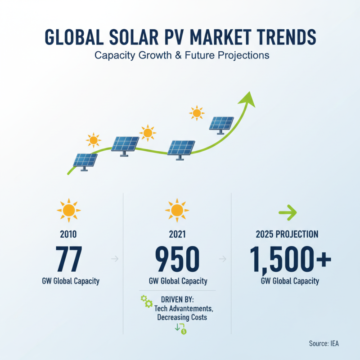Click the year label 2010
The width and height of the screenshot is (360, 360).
click(x=68, y=234)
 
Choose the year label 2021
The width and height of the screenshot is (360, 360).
click(x=177, y=234)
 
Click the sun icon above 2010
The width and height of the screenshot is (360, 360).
click(x=68, y=210)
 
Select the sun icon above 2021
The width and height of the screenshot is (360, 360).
click(x=176, y=210)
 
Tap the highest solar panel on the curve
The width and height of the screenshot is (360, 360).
click(x=221, y=124)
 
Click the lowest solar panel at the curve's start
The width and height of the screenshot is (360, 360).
click(x=85, y=161)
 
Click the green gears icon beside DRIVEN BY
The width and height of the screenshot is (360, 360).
click(x=146, y=301)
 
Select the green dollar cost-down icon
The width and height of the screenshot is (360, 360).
click(x=180, y=328)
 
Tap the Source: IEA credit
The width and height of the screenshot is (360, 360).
click(x=324, y=343)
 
